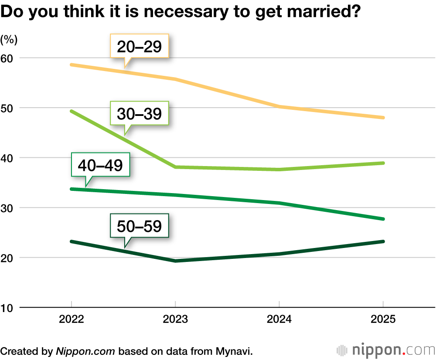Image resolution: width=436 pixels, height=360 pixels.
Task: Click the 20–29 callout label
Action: (x=140, y=46)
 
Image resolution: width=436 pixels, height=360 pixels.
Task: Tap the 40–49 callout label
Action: (x=100, y=165)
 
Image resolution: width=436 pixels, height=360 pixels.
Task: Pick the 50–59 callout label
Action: (x=140, y=226)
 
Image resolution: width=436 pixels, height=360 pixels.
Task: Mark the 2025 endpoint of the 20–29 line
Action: (x=382, y=118)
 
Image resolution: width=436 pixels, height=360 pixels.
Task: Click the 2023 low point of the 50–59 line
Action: (x=175, y=261)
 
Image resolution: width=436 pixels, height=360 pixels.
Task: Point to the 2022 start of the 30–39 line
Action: (x=72, y=111)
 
